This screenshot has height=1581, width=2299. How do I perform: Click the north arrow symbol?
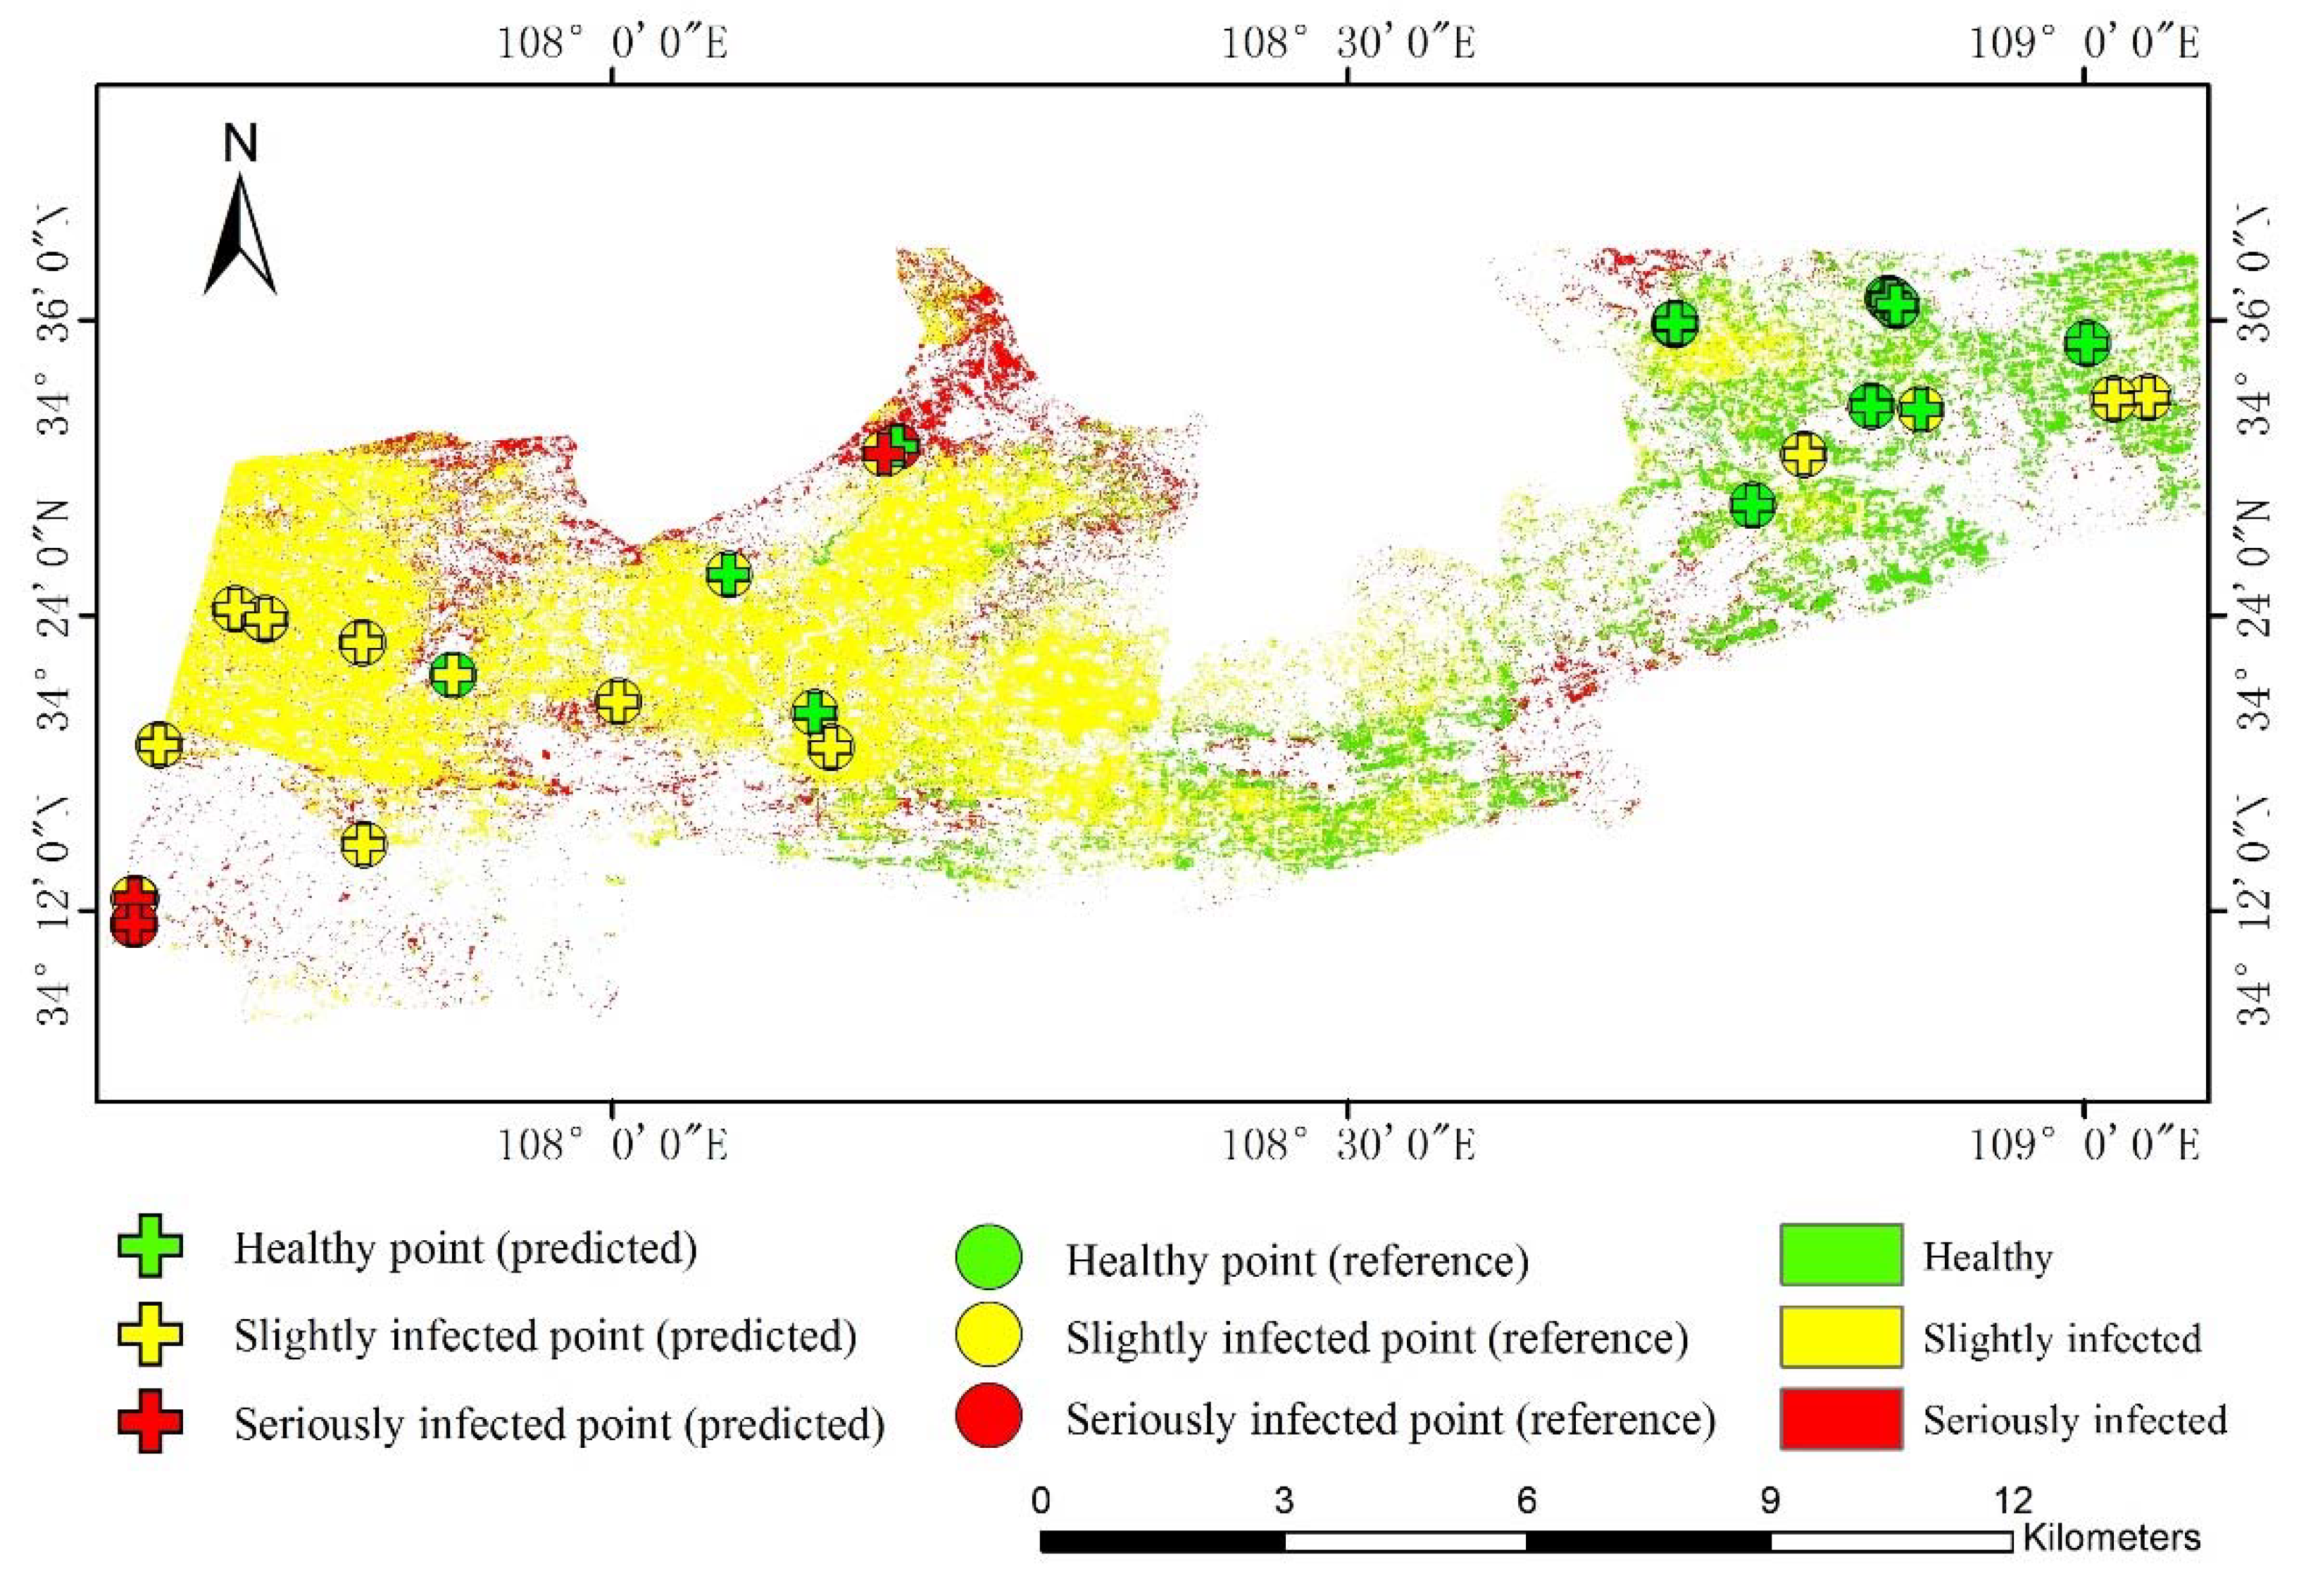(239, 236)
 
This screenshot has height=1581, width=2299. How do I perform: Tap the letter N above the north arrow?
(239, 144)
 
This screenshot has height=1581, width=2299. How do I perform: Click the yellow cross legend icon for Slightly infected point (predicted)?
(149, 1335)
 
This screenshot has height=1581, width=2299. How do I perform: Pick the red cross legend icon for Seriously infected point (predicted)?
(149, 1423)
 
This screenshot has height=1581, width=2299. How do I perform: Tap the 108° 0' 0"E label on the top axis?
(611, 44)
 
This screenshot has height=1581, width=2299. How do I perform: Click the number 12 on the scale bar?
(2012, 1501)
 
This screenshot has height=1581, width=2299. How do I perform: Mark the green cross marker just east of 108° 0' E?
(729, 573)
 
